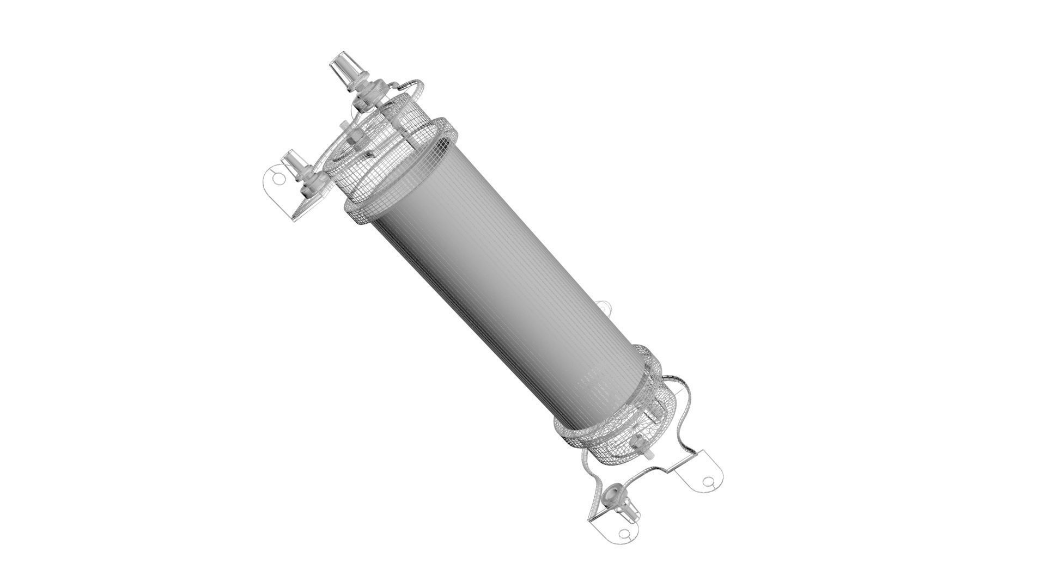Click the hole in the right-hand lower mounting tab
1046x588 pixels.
click(708, 482)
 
